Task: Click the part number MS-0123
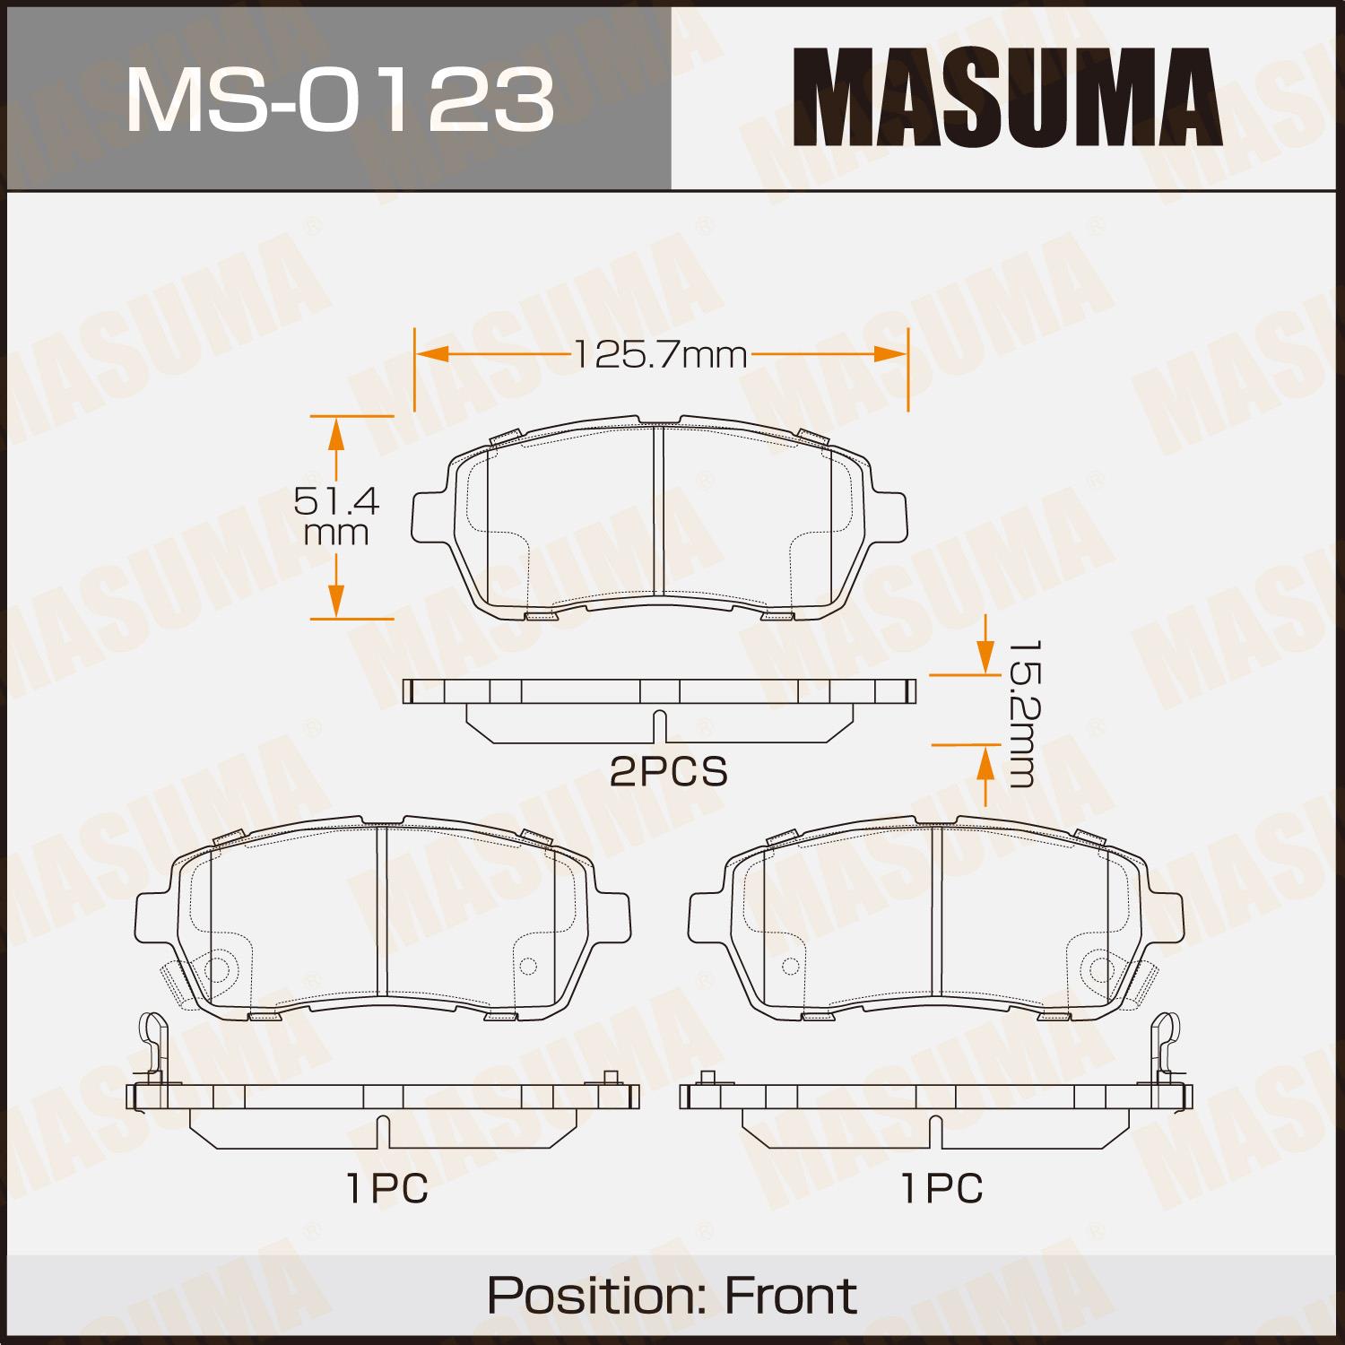point(340,98)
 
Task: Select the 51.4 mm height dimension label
point(336,516)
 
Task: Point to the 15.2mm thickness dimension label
point(1019,714)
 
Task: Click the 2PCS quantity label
point(669,771)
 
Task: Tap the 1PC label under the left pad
point(386,1189)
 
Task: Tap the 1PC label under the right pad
point(942,1189)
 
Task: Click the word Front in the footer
point(790,1295)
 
